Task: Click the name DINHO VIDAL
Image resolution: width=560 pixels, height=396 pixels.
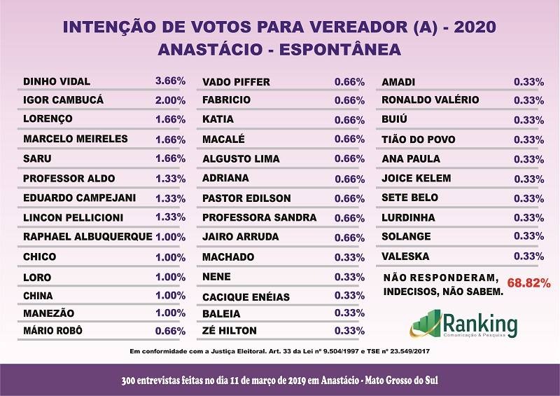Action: tap(57, 81)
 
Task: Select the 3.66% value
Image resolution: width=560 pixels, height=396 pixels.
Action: tap(170, 81)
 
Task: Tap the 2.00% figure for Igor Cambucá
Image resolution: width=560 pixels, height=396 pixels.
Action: tap(170, 100)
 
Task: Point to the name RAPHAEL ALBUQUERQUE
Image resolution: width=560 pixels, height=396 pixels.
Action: tap(87, 237)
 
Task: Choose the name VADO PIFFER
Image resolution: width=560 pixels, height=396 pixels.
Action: tap(236, 82)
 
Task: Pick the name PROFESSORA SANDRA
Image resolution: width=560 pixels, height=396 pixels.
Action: tap(255, 217)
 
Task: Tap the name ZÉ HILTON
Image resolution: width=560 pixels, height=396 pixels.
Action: tap(229, 331)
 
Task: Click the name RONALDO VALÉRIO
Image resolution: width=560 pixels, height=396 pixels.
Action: tap(430, 100)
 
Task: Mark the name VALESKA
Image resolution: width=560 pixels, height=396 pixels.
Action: tap(406, 257)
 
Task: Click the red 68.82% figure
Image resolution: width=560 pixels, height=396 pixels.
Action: tap(528, 284)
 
